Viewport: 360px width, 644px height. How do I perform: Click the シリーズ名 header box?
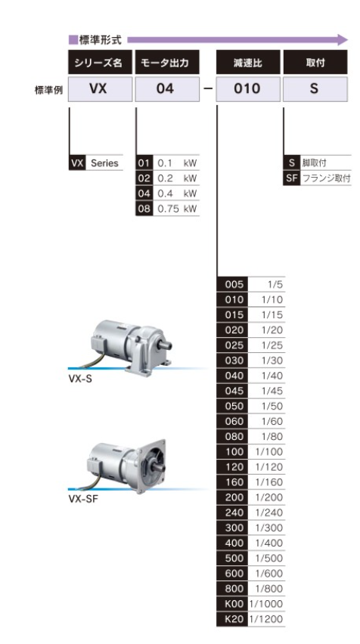(100, 62)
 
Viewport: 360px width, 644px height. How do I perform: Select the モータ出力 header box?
(167, 62)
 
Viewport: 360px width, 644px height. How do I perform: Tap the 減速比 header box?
(248, 62)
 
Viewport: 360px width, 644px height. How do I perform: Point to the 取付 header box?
(315, 62)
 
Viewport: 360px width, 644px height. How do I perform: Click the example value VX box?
(100, 88)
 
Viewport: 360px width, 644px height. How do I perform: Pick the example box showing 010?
(248, 88)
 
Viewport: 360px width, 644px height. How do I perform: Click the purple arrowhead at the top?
(343, 40)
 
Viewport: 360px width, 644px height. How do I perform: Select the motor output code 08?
(144, 209)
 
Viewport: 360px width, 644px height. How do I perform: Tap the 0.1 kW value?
(177, 163)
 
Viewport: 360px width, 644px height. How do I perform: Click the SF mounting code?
(292, 178)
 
